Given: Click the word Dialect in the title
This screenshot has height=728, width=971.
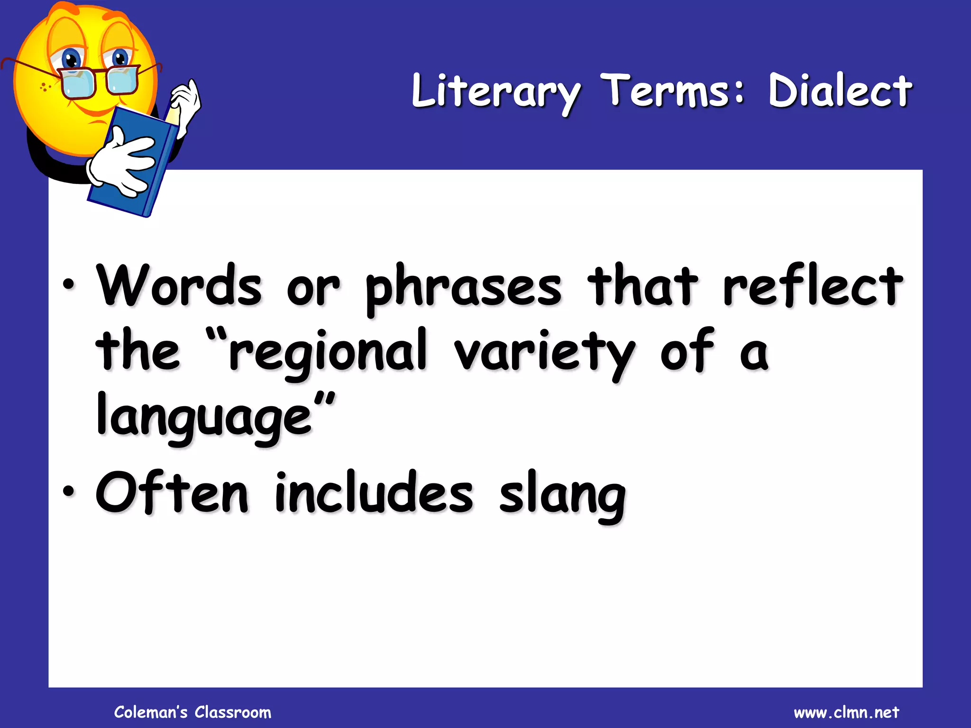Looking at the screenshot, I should [839, 91].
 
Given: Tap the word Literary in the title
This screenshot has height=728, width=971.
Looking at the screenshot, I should [496, 92].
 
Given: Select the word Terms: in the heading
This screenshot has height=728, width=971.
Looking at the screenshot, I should [674, 90].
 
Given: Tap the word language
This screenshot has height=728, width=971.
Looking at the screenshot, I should [204, 417].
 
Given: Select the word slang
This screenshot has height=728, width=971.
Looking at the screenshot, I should [563, 495].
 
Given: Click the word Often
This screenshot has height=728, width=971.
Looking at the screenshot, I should [172, 493].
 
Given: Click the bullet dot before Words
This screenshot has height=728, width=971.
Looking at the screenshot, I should [69, 285].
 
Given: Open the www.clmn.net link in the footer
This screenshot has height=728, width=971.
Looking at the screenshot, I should [846, 712].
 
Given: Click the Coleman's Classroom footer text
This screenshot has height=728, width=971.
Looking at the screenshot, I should [192, 712].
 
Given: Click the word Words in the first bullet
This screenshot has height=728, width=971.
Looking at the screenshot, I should [179, 286].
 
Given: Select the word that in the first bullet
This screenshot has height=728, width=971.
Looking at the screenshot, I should [642, 286].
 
